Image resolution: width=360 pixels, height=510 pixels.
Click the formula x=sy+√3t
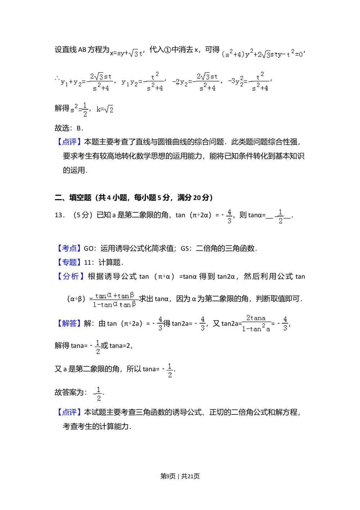click(x=126, y=53)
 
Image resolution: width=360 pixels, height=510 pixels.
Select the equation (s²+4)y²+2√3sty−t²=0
click(x=262, y=54)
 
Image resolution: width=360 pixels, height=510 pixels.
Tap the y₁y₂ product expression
click(x=142, y=81)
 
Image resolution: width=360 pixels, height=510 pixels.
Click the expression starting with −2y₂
click(x=195, y=81)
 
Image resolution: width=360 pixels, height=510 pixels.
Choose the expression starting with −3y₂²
click(x=249, y=81)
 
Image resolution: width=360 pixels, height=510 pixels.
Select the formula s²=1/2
click(x=78, y=109)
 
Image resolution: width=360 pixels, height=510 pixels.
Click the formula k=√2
click(x=105, y=109)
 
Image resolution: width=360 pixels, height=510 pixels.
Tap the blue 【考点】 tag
click(x=69, y=248)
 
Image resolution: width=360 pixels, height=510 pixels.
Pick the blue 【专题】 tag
click(x=69, y=262)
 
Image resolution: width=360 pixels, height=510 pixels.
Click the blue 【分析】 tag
click(x=71, y=276)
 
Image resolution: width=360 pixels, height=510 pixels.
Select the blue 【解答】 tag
click(x=69, y=323)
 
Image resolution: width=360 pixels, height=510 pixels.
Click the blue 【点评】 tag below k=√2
click(x=69, y=141)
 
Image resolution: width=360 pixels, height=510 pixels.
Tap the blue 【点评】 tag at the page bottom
click(x=69, y=412)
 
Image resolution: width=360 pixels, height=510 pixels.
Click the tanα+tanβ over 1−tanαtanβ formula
click(x=116, y=300)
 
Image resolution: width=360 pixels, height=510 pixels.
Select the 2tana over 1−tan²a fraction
click(x=256, y=323)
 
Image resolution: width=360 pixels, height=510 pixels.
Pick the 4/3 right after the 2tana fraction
click(x=285, y=323)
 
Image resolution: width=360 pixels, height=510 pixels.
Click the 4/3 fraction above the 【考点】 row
click(x=229, y=216)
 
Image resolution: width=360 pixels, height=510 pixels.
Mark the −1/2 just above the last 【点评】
click(x=97, y=394)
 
